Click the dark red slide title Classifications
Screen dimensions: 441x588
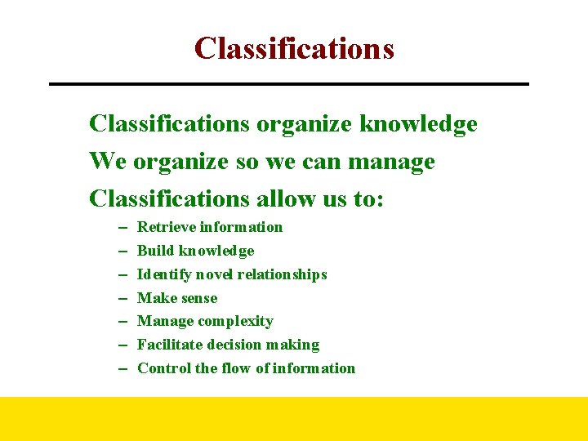click(x=294, y=49)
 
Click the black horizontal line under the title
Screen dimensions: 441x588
click(x=289, y=84)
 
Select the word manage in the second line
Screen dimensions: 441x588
click(x=391, y=163)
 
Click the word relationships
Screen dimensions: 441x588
click(x=287, y=274)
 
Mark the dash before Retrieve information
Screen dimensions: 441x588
click(x=120, y=228)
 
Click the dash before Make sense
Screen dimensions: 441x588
click(x=120, y=299)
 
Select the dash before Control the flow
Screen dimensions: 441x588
click(x=120, y=369)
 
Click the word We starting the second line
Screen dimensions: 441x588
click(x=108, y=162)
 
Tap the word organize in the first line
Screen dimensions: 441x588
click(x=305, y=125)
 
